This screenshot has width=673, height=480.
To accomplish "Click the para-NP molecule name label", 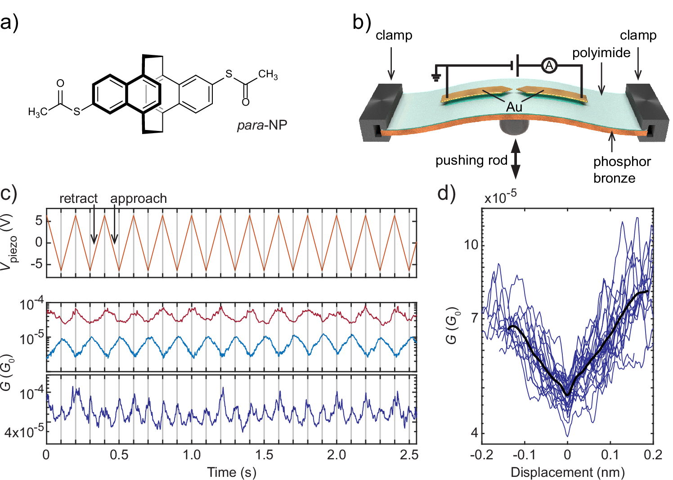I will (262, 125).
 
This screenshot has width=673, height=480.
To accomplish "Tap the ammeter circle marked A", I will (549, 66).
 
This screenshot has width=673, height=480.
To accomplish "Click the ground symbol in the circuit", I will (435, 77).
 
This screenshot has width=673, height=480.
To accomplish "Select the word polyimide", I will (601, 53).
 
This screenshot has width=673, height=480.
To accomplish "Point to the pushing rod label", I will (471, 160).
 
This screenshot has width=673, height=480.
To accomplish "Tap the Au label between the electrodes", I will (514, 107).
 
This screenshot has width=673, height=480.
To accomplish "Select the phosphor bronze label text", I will (621, 170).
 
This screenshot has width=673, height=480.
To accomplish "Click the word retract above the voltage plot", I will (78, 198).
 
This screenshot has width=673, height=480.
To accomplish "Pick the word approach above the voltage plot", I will (139, 198).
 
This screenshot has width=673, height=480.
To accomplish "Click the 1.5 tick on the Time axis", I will (264, 455).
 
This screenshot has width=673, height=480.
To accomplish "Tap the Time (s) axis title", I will (231, 472).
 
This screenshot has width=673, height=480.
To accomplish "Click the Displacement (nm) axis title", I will (568, 472).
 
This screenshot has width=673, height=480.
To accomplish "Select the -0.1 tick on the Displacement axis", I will (524, 455).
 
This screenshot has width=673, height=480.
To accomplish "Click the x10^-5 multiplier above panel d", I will (500, 197).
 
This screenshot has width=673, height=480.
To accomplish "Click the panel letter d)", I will (446, 193).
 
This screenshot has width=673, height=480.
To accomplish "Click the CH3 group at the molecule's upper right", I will (268, 74).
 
